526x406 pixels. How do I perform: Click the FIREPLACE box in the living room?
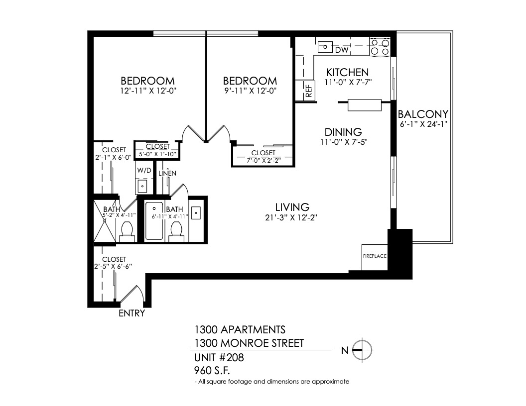[x=375, y=257]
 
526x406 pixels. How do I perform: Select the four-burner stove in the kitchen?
[x=380, y=47]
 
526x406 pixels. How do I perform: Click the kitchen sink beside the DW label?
[x=325, y=47]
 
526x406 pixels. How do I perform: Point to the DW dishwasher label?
[x=342, y=50]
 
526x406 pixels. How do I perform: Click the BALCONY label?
[x=423, y=114]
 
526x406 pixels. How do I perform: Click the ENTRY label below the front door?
[x=132, y=313]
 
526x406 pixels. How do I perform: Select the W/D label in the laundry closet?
[x=144, y=170]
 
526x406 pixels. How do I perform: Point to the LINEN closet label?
[x=167, y=173]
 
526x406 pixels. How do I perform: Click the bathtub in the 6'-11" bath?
[x=154, y=221]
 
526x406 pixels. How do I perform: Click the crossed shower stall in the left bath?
[x=104, y=221]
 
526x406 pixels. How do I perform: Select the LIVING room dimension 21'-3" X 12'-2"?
[x=291, y=218]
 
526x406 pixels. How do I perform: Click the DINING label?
[x=343, y=132]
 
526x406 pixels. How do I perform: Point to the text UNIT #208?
[x=219, y=358]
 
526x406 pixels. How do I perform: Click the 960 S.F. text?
[x=212, y=371]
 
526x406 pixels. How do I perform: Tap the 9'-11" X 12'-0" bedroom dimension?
[x=250, y=91]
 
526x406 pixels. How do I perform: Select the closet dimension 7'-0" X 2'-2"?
[x=263, y=160]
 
